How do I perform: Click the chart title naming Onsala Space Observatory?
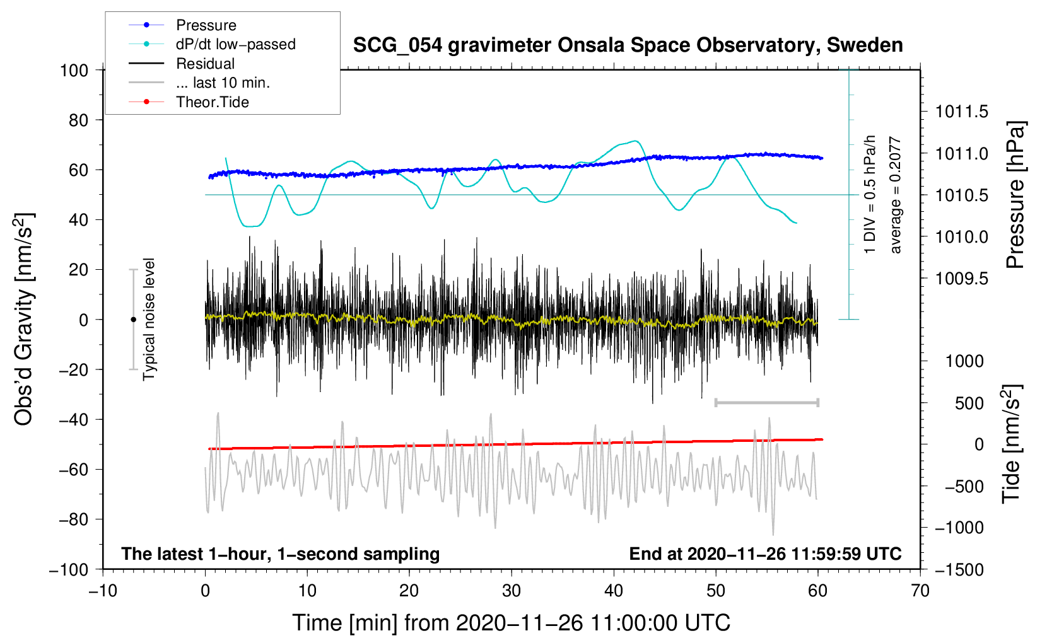point(628,45)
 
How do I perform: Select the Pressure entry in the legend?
point(206,25)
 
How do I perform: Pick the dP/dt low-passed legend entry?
point(235,44)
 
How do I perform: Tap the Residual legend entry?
point(205,64)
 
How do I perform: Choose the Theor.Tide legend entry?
point(212,102)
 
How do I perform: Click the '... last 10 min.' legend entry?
point(223,83)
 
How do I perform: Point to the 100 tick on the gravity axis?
point(74,70)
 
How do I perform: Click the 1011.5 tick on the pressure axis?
point(961,112)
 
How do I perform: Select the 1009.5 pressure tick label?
point(961,279)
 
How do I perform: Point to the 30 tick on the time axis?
point(512,591)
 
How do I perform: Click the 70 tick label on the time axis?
point(920,591)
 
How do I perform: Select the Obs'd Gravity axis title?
point(23,319)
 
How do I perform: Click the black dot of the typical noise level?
point(133,320)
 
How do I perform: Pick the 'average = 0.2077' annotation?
point(896,195)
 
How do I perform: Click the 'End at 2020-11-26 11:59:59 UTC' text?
point(765,553)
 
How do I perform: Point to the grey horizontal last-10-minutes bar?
point(766,402)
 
